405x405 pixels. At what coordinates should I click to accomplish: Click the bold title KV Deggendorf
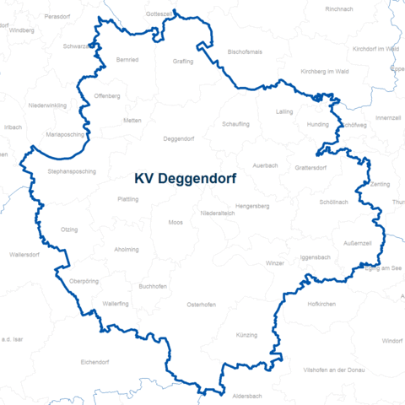185,179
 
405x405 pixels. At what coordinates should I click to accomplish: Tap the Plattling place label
128,199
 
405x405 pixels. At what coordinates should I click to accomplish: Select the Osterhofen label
202,304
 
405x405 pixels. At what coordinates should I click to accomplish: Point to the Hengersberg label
252,205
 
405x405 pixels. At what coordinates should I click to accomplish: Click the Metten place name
132,121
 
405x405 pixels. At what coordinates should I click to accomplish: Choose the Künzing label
246,335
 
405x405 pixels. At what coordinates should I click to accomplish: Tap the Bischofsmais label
245,51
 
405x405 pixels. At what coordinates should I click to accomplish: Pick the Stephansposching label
73,171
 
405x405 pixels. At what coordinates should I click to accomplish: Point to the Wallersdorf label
25,254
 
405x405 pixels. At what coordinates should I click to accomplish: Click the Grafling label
183,62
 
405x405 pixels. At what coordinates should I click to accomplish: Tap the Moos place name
175,222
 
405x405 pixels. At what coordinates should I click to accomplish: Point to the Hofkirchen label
323,303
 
